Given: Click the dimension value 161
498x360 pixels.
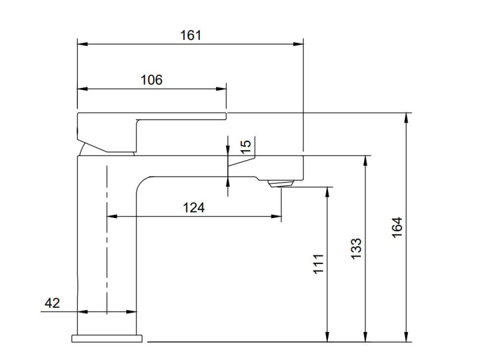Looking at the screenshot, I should (191, 35).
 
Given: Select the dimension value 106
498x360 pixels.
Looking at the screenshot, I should (151, 80).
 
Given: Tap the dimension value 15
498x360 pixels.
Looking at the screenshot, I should (246, 146).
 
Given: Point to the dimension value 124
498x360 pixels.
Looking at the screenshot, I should (194, 207).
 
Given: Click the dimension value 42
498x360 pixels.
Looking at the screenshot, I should (52, 303).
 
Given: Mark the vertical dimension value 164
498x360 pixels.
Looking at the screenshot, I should (398, 228).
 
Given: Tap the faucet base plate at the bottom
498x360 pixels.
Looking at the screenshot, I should (107, 338).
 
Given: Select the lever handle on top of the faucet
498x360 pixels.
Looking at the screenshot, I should (149, 118).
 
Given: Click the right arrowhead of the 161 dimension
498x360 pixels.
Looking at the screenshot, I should (299, 44).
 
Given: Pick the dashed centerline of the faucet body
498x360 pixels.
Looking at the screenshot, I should (107, 237).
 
